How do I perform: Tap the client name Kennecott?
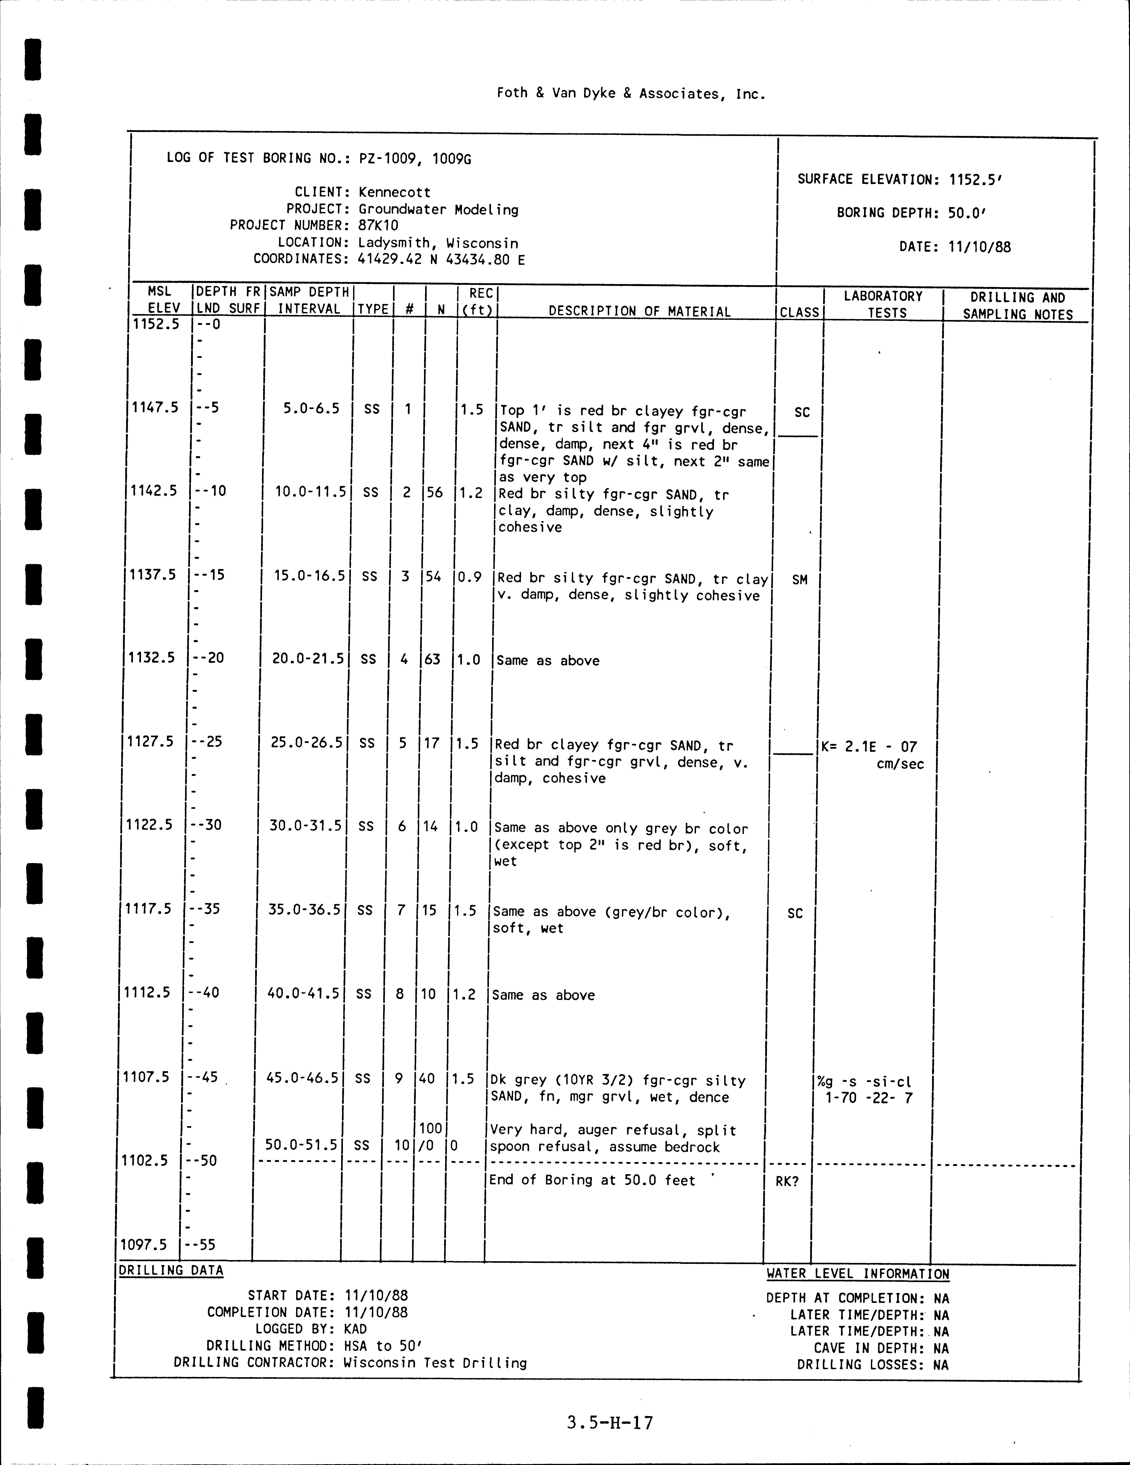pos(394,192)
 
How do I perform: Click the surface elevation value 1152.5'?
pos(976,180)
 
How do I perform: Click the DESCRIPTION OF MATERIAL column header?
pos(639,311)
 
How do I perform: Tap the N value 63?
pos(432,659)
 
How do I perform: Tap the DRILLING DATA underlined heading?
pos(171,1270)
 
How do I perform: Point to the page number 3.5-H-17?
pos(609,1421)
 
